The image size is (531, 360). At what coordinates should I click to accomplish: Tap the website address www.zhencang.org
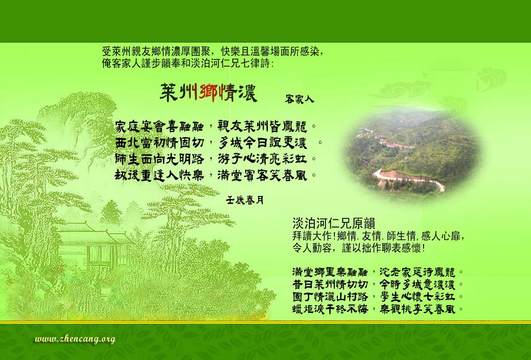pos(75,339)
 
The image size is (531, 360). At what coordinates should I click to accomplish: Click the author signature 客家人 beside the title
pos(299,99)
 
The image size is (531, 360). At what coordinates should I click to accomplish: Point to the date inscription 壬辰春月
pos(245,200)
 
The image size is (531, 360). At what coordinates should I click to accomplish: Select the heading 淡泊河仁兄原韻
pos(334,223)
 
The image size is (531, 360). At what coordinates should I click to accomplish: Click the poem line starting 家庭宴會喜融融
pos(216,127)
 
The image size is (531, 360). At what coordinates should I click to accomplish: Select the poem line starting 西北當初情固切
pos(219,143)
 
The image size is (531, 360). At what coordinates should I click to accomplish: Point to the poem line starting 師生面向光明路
pos(216,159)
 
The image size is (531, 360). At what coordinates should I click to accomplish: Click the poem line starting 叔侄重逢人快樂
pos(216,175)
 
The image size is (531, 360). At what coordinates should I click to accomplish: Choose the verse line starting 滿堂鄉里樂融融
pos(378,271)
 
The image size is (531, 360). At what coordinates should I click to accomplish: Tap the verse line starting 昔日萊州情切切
pos(378,284)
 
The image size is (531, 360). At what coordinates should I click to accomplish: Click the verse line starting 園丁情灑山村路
pos(378,297)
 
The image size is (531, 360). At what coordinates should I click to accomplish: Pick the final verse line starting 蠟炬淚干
pos(378,309)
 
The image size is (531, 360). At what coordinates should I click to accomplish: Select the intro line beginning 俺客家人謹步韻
pos(187,63)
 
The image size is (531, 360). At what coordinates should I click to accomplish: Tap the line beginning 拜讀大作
pos(378,236)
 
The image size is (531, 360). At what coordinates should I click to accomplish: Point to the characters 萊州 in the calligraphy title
pos(178,93)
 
